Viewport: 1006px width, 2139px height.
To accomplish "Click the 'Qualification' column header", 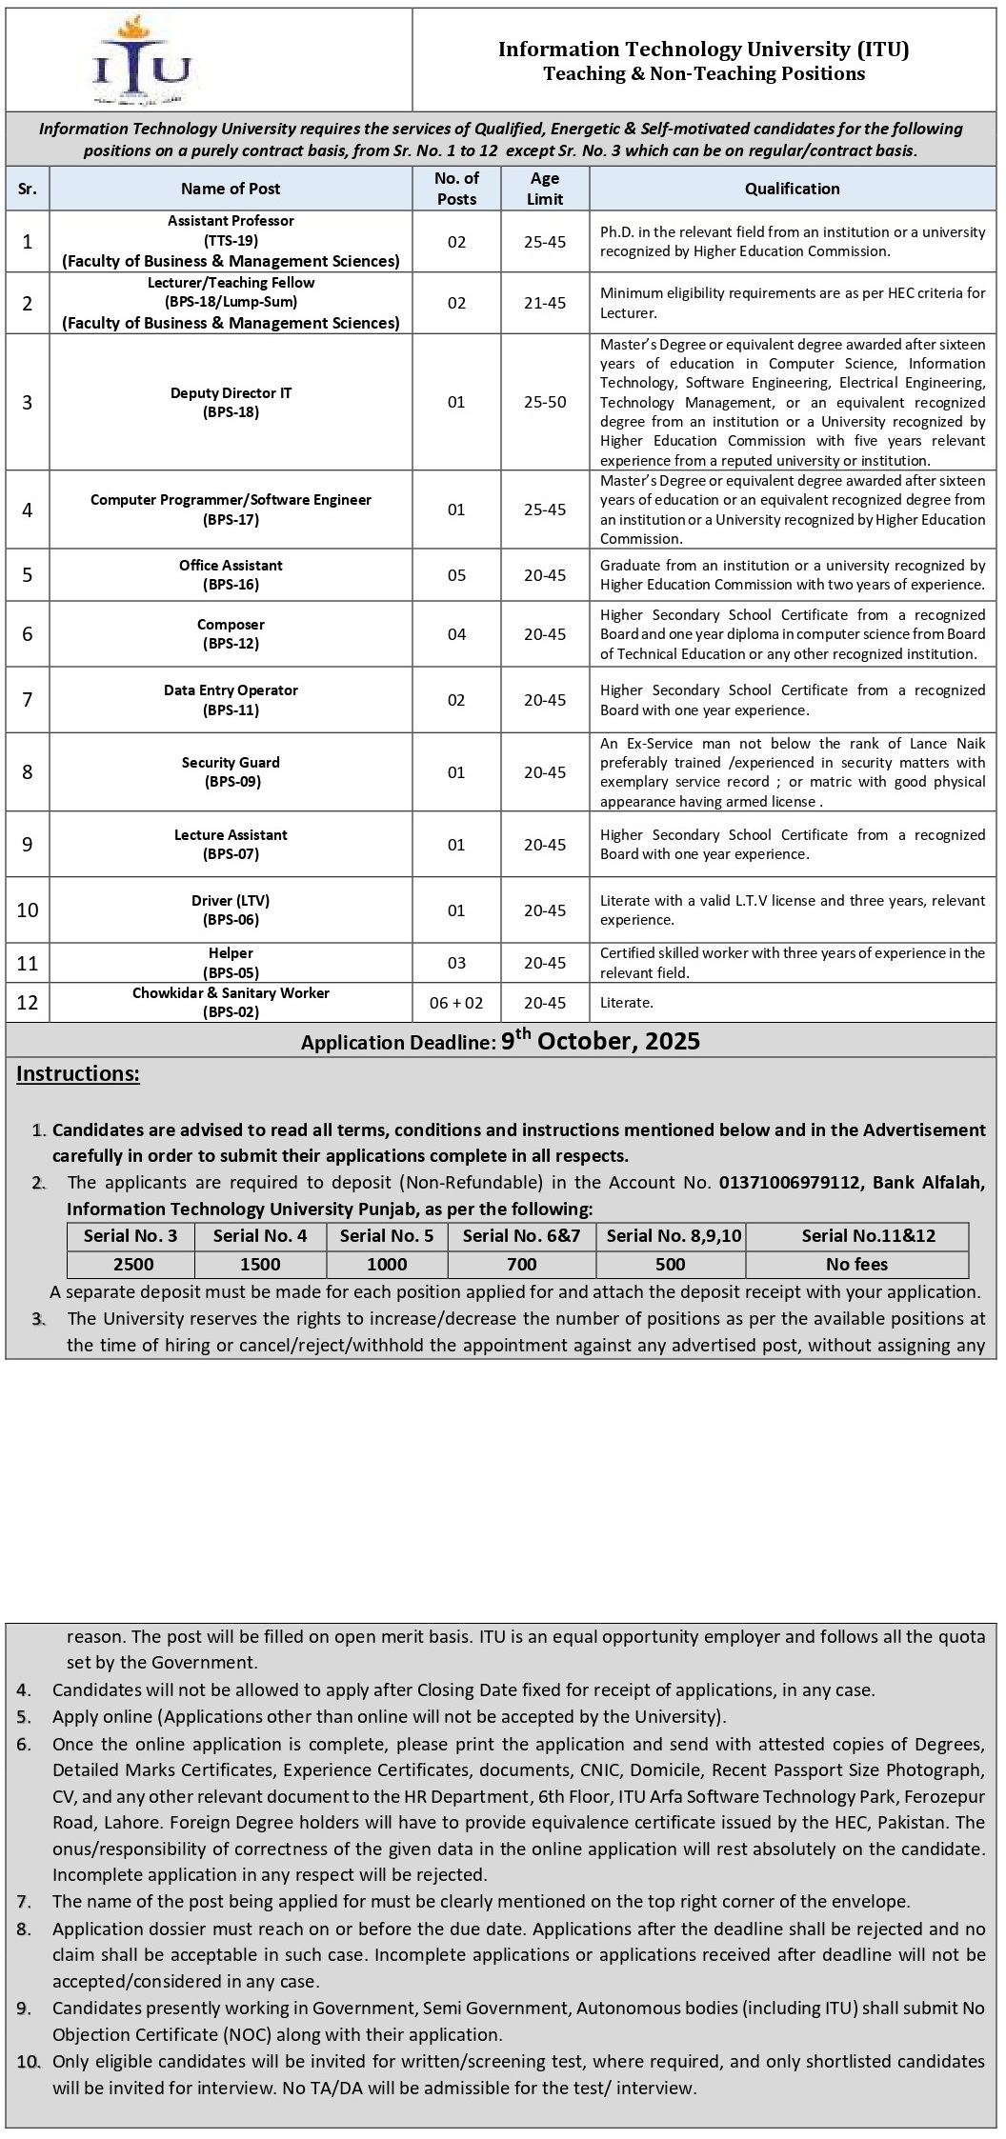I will (792, 189).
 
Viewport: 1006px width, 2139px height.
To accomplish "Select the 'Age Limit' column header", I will (545, 189).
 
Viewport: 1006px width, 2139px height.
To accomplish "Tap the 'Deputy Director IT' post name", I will (231, 393).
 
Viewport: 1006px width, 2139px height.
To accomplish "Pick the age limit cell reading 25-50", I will (545, 402).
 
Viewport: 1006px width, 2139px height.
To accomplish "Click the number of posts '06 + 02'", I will (456, 1002).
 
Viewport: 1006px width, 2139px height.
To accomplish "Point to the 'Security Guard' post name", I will (231, 762).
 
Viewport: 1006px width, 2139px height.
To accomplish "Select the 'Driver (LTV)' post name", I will (231, 900).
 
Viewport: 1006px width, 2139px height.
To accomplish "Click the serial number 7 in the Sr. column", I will (28, 700).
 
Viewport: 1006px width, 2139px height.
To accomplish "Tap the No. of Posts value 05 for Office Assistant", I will (456, 574).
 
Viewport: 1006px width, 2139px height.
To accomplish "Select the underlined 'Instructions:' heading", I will (78, 1073).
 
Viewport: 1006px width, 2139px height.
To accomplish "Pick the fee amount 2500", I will (132, 1264).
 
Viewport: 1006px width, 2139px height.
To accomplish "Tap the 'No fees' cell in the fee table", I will (856, 1264).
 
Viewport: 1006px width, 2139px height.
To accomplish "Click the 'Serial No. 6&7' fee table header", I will (521, 1236).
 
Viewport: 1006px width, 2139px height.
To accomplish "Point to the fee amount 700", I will (521, 1264).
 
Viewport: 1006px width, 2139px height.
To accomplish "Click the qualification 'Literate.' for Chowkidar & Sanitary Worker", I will (626, 1002).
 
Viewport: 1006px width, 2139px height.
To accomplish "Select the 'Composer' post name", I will (231, 625).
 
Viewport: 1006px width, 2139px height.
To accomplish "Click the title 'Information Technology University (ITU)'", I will (703, 49).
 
